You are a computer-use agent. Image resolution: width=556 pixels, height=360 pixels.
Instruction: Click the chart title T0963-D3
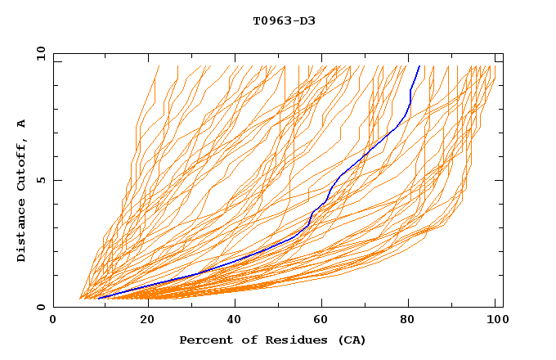click(284, 20)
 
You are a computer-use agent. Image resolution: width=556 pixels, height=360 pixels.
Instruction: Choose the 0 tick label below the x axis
click(54, 320)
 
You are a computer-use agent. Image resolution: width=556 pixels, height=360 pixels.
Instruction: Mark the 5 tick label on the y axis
click(39, 180)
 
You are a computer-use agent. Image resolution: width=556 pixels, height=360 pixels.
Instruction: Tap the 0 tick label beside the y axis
click(39, 307)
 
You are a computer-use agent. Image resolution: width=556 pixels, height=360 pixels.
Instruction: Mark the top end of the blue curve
click(419, 65)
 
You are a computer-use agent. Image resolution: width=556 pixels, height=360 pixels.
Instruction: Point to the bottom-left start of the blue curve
click(98, 298)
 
